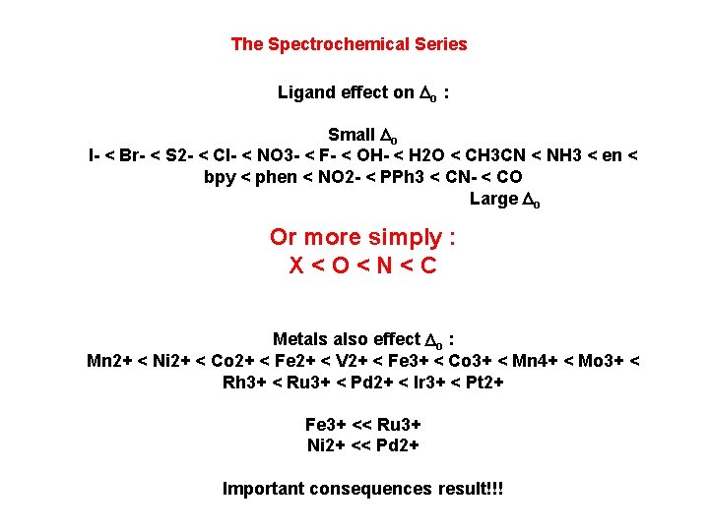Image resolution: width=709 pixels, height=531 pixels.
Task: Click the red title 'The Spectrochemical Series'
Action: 349,44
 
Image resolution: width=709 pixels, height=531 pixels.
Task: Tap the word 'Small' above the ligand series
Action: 351,135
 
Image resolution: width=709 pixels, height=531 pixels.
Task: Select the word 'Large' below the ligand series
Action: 493,199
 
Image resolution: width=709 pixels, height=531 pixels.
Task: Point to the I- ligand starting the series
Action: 94,156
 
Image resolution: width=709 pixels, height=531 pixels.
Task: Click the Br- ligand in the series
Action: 132,156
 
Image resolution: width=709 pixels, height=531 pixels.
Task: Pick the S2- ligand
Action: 180,156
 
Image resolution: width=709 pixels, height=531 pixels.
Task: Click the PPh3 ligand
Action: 406,178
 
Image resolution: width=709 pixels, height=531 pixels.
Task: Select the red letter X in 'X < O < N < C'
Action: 295,265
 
